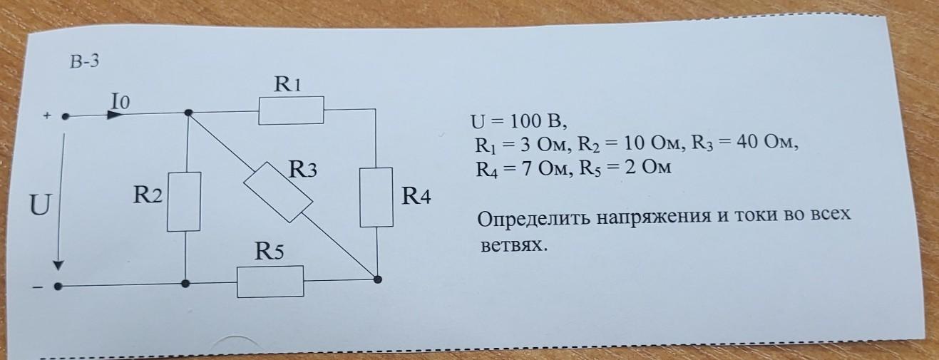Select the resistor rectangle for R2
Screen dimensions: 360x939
[x=185, y=202]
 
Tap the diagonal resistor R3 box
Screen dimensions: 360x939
[x=279, y=192]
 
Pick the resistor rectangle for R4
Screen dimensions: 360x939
[x=376, y=197]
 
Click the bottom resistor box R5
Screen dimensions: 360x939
[x=270, y=281]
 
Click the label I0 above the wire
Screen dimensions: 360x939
[x=120, y=102]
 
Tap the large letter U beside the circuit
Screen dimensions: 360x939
[x=40, y=207]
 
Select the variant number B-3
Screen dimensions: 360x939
[x=83, y=63]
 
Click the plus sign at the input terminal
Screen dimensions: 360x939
[x=48, y=115]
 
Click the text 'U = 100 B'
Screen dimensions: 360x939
[x=517, y=122]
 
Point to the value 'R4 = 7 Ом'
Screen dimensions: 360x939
[x=521, y=170]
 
